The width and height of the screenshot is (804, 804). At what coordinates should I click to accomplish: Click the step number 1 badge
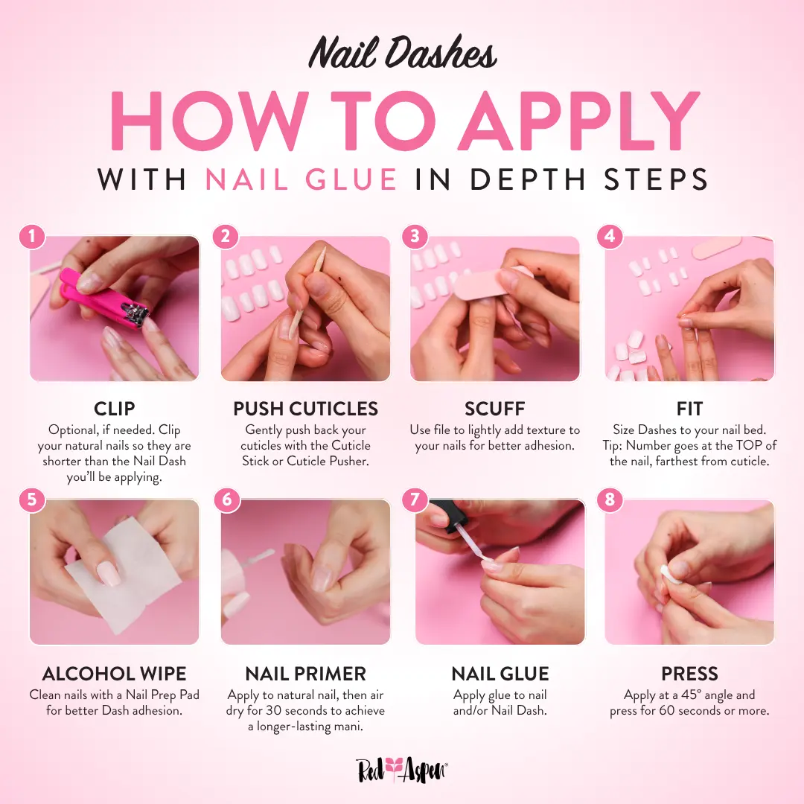coord(32,237)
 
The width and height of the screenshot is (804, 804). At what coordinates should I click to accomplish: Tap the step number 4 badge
coord(610,237)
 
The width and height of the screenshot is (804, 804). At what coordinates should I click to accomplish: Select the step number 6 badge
coord(226,500)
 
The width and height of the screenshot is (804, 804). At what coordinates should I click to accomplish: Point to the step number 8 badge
coord(610,500)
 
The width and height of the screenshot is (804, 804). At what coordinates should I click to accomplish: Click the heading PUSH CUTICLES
coord(306,409)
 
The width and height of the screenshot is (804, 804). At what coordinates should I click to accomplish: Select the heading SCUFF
coord(495,409)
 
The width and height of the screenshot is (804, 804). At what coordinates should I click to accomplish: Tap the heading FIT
coord(689,409)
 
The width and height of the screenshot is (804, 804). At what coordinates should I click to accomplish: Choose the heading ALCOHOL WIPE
coord(115,674)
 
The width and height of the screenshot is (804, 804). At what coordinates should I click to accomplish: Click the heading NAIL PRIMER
coord(306,674)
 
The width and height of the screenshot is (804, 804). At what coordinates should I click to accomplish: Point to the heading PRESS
coord(689,674)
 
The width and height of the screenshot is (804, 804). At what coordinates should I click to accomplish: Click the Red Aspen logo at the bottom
coord(402,770)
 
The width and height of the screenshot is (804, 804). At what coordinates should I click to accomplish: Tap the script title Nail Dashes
coord(403,52)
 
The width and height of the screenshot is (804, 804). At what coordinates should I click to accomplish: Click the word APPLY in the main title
coord(579,121)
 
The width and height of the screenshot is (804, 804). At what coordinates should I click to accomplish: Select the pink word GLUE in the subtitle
coord(351,179)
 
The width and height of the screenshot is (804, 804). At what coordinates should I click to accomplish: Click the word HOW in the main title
coord(209,121)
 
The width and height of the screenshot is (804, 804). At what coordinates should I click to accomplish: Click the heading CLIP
coord(115,409)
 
